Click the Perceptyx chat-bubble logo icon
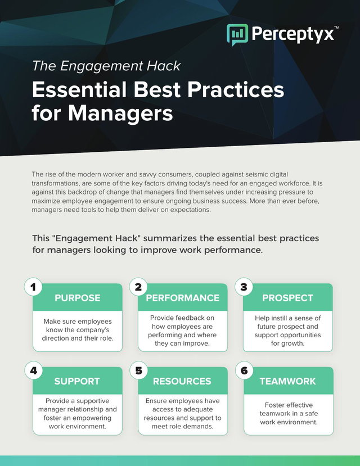[237, 34]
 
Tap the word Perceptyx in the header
[293, 34]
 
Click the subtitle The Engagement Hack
[106, 66]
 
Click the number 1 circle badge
[33, 287]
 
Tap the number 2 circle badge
[138, 287]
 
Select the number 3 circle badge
[244, 287]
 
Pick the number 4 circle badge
[33, 370]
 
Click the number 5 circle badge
[138, 370]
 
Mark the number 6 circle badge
[244, 370]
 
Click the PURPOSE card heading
[78, 298]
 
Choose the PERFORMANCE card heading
[182, 298]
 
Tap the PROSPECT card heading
[288, 298]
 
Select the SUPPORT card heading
[77, 381]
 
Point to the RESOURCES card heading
[182, 381]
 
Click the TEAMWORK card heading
[288, 381]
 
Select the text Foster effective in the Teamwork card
[289, 405]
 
